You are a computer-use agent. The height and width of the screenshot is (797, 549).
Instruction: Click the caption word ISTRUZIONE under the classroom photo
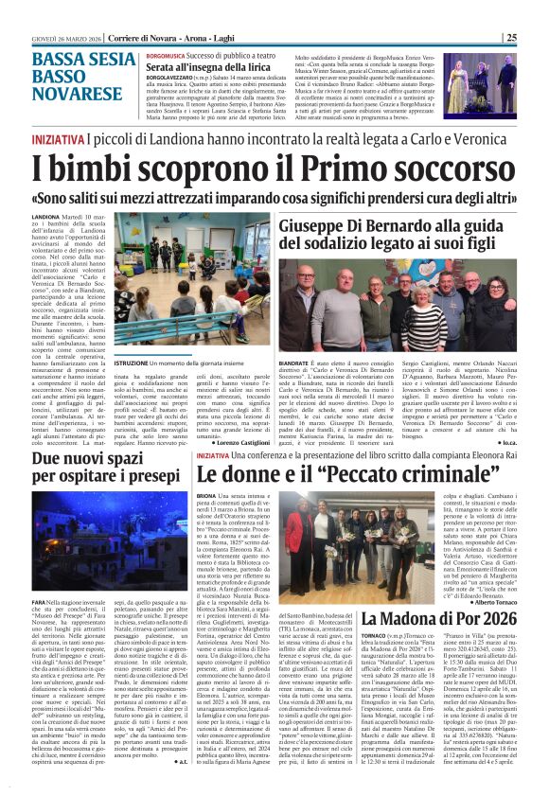tap(133, 337)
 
